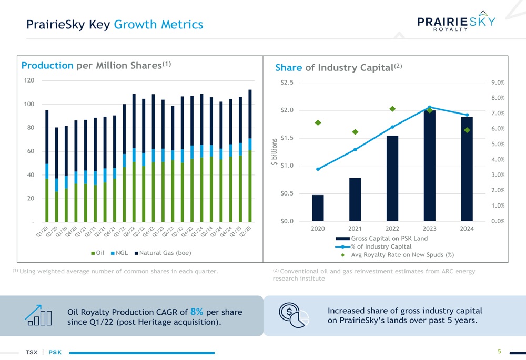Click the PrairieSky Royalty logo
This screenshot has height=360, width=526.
click(456, 22)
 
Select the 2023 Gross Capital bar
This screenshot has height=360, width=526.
click(429, 166)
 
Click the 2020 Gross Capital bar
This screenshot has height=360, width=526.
click(318, 208)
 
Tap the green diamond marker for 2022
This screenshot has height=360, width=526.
click(392, 109)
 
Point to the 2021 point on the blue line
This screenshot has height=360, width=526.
click(355, 149)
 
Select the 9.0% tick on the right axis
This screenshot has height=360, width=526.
click(498, 83)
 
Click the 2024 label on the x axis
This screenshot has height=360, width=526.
click(467, 229)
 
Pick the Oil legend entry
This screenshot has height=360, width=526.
click(98, 253)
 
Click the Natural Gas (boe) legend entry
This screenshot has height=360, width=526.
click(163, 253)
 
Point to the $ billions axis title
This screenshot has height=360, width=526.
click(274, 152)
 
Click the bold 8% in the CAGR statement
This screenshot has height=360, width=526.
click(197, 312)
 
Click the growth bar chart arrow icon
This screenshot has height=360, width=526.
click(38, 315)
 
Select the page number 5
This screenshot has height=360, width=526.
click(499, 352)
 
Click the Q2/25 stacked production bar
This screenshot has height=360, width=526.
click(250, 156)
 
